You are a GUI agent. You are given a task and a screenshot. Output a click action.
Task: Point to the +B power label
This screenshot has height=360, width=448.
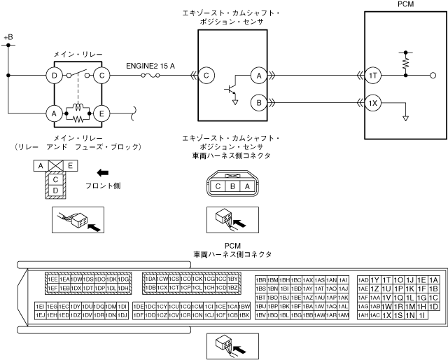pyautogui.click(x=8, y=36)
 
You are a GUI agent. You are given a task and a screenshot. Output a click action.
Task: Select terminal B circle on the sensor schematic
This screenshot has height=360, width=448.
pyautogui.click(x=259, y=103)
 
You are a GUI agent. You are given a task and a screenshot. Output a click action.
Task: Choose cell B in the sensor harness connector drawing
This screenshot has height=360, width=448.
pyautogui.click(x=232, y=186)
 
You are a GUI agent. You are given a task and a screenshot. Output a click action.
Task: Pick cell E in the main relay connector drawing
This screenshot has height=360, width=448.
pyautogui.click(x=71, y=165)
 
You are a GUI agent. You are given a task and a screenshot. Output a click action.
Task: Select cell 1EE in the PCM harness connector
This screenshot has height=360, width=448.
pyautogui.click(x=52, y=279)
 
